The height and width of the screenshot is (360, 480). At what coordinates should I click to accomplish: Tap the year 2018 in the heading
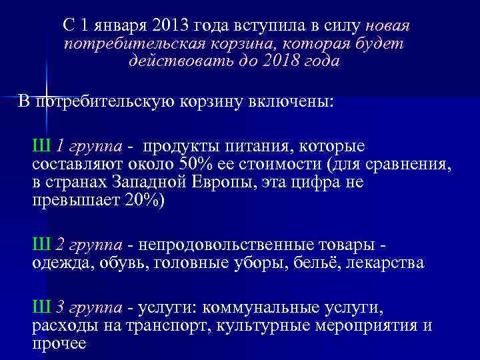pos(289,61)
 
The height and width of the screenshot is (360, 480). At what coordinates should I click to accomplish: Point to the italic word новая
pos(387,26)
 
